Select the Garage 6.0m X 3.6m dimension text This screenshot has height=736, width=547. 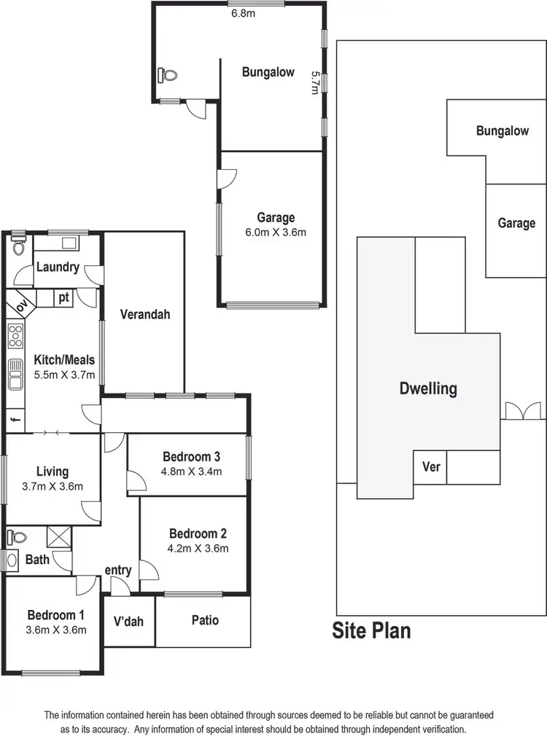pos(276,233)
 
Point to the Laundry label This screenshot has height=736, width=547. pos(57,267)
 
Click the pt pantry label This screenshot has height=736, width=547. pos(64,297)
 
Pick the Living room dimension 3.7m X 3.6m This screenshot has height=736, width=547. pos(52,487)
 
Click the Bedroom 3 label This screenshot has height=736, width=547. pos(191,456)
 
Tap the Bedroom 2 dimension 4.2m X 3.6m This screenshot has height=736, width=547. pos(198,549)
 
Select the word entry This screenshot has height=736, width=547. pos(118,570)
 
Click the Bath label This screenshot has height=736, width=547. pos(37,560)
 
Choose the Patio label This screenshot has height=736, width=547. pos(205,620)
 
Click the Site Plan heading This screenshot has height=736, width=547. pos(371,630)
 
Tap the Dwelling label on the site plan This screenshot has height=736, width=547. pos(428,388)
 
